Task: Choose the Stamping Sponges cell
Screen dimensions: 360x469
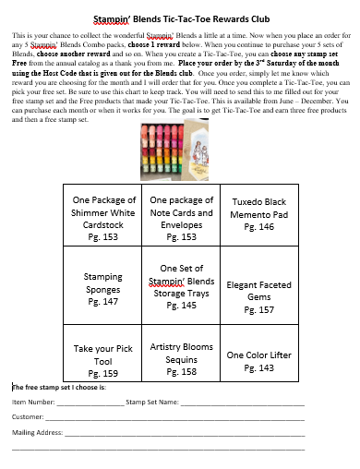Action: click(x=104, y=288)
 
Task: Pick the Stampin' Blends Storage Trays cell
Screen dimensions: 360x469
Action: click(x=181, y=286)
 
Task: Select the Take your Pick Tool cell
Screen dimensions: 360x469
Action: click(x=104, y=360)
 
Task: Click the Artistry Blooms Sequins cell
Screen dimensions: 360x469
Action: click(x=181, y=358)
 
